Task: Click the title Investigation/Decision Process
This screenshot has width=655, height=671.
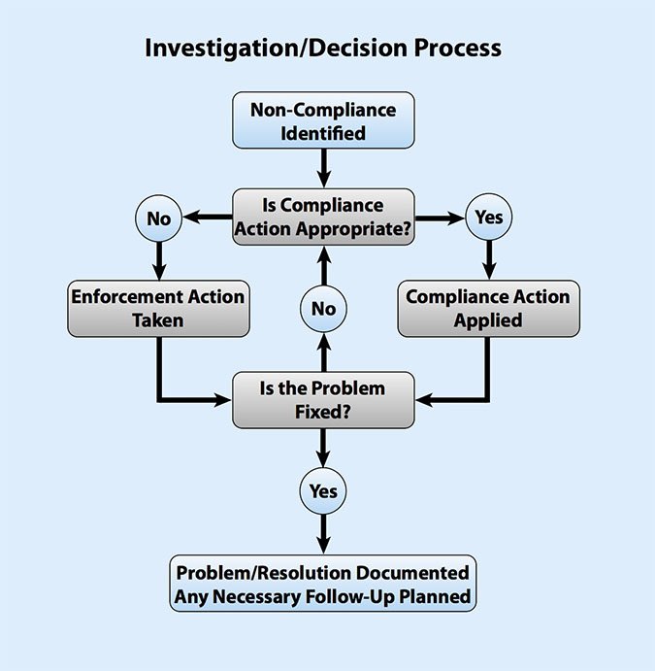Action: pos(323,48)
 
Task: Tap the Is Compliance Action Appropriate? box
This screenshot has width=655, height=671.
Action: pos(323,218)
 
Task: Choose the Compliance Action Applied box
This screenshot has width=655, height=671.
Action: pos(488,308)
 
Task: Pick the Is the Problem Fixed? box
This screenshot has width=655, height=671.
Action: pos(323,399)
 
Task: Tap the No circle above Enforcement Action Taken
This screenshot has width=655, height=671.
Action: pos(157,218)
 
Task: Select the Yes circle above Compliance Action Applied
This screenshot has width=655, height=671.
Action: pos(489,218)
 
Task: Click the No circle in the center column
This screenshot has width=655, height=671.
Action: pos(323,309)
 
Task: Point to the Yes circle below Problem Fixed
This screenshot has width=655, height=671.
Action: pos(323,490)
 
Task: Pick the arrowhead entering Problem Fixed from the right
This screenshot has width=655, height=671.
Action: pos(425,399)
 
